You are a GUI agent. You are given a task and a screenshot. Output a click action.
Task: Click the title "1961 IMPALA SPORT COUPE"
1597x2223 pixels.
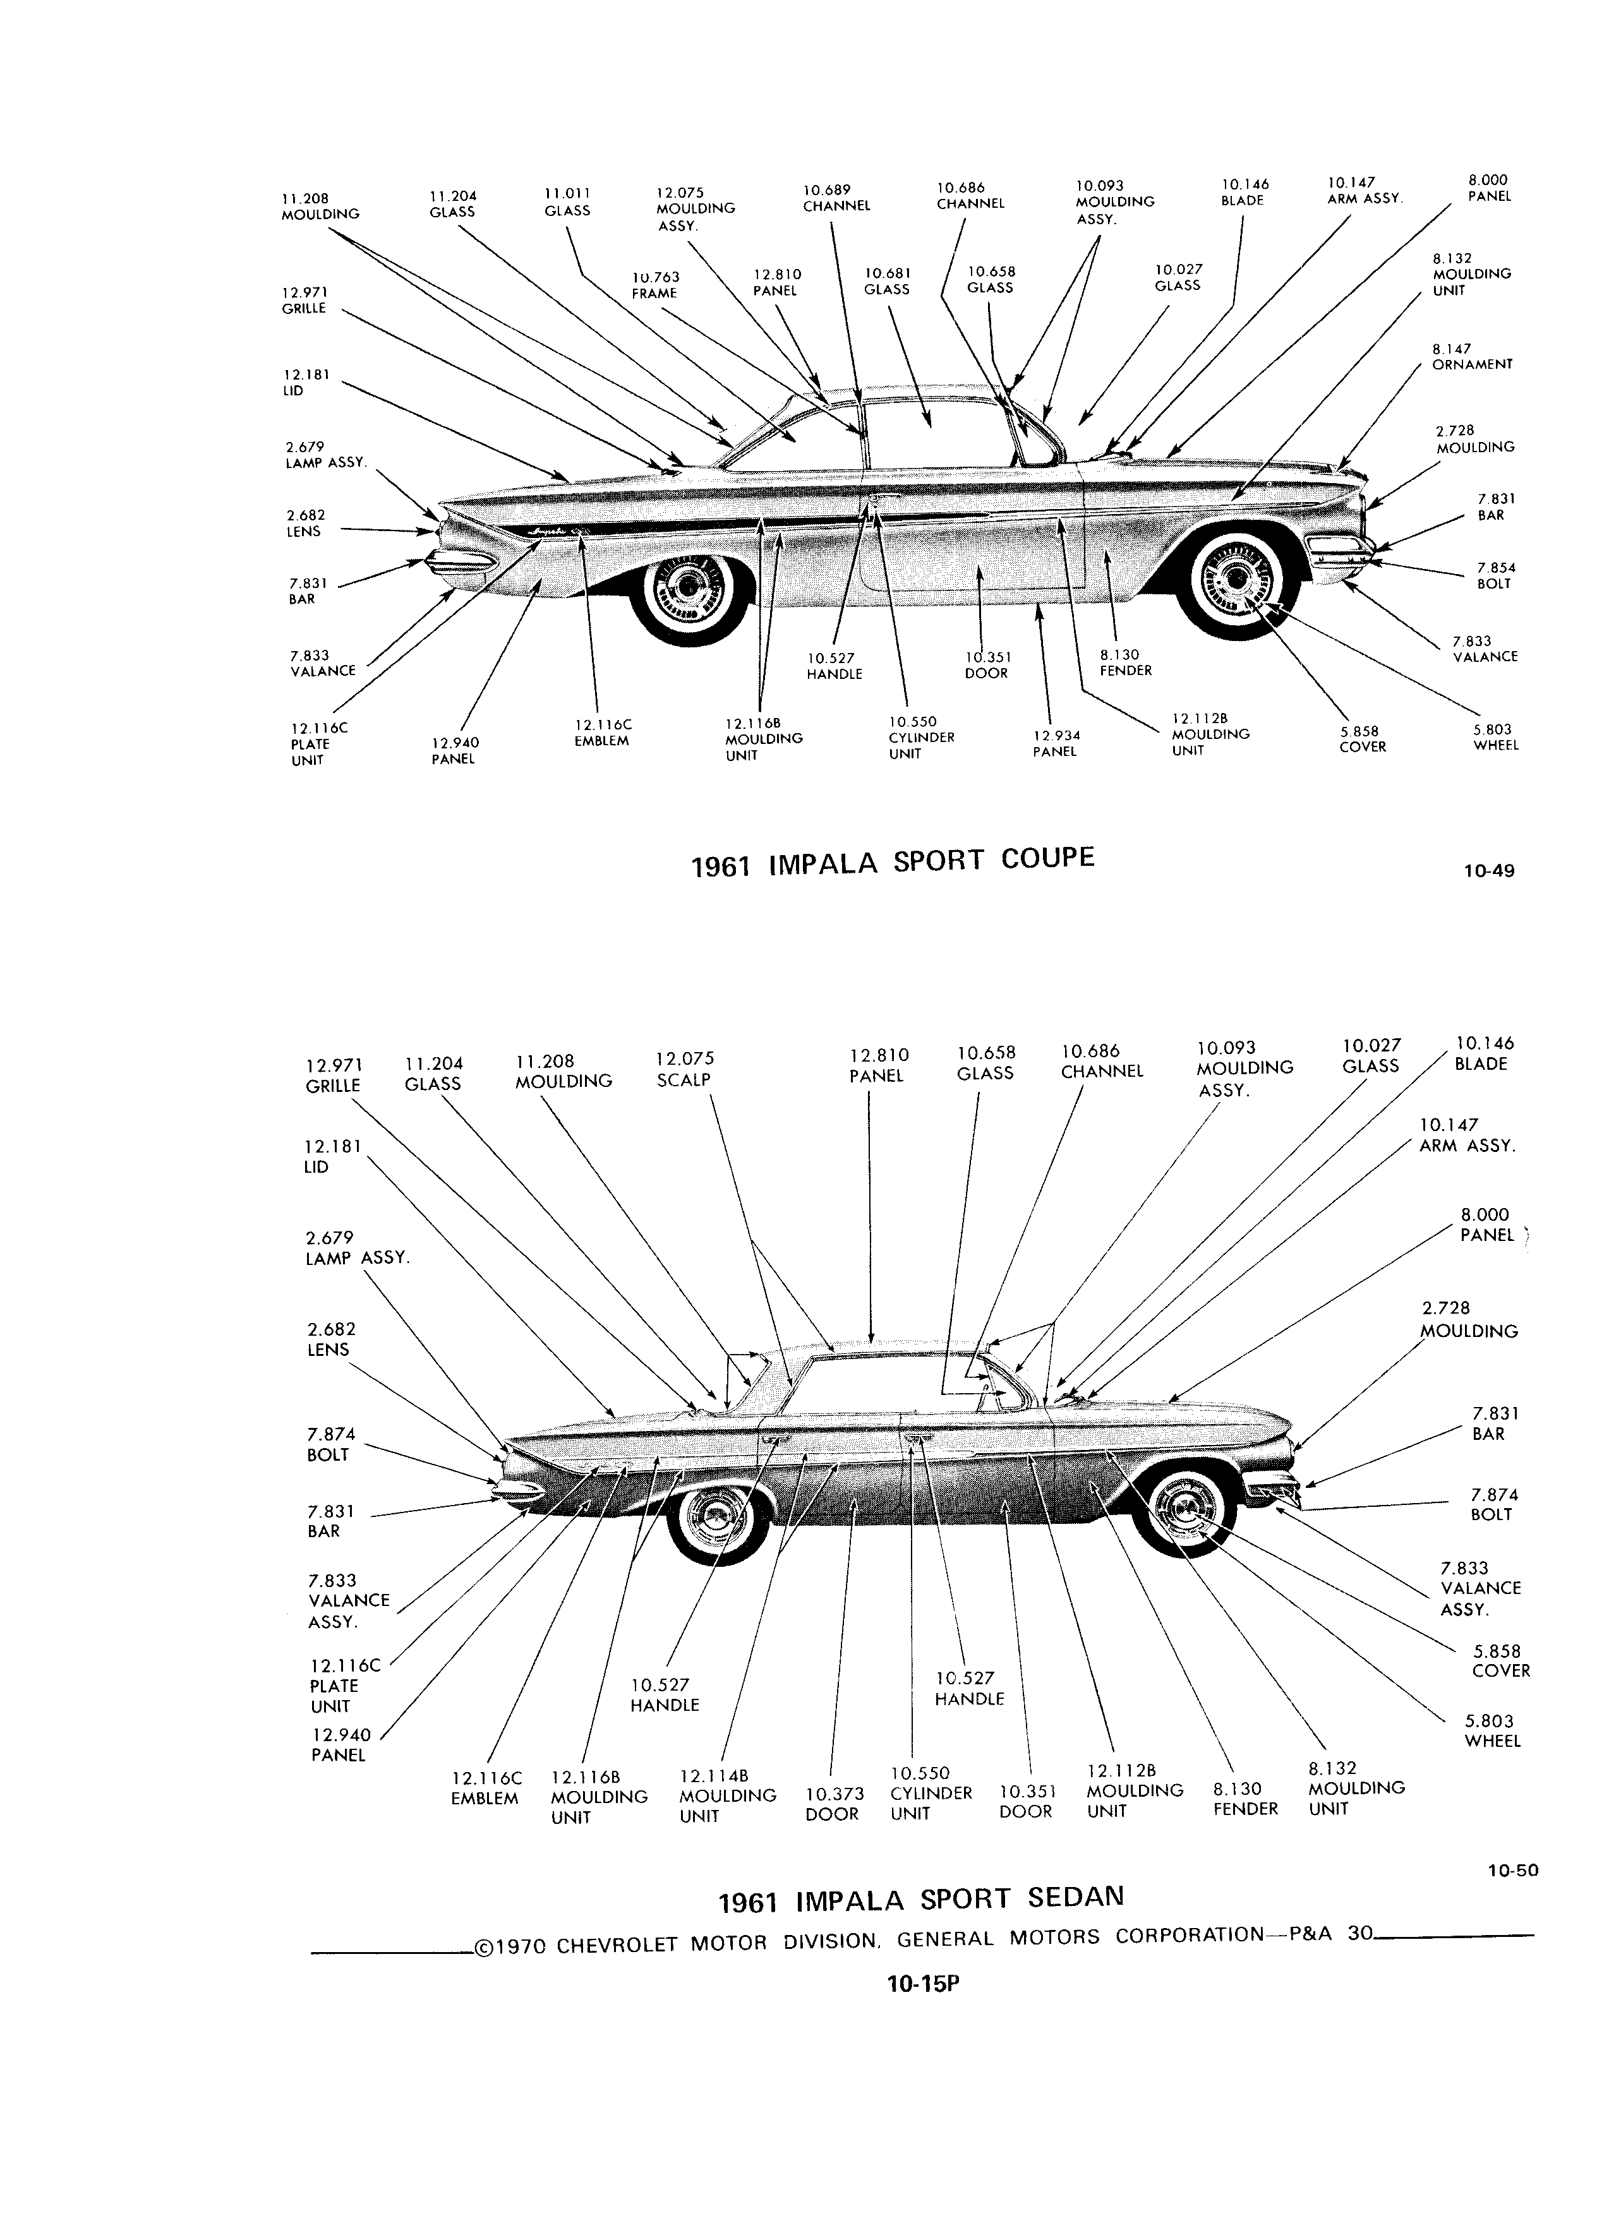892,861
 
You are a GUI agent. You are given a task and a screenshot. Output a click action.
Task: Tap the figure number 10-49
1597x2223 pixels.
1488,870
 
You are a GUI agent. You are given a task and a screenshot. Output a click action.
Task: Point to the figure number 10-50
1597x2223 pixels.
1513,1870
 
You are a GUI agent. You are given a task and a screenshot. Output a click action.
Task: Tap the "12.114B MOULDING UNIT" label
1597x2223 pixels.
727,1795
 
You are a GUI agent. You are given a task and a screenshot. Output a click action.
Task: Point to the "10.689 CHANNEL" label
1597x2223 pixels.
836,198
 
